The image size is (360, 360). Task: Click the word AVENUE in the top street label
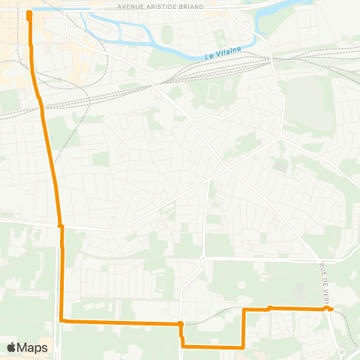point(133,6)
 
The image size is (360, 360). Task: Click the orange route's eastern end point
point(331,309)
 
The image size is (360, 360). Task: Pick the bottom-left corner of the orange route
point(62,321)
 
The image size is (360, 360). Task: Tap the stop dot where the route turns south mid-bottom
point(181,324)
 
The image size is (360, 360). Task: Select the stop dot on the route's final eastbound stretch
point(269,307)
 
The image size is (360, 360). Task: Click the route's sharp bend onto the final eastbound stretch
point(244,309)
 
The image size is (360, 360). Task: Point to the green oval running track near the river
point(166,35)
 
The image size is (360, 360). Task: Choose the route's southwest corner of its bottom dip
point(183,346)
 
